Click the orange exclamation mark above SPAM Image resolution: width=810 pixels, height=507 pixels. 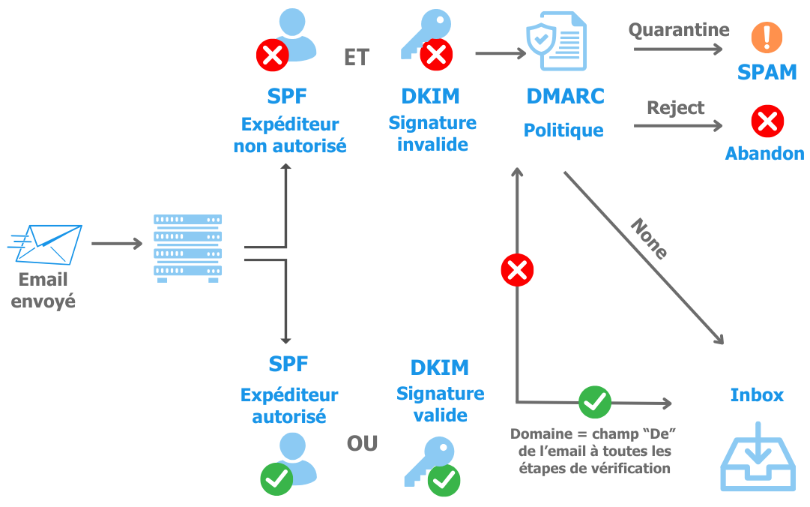coord(767,37)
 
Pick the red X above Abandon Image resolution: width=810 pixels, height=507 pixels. coord(767,120)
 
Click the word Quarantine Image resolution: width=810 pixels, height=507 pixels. coord(678,30)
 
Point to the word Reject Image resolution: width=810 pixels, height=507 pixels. coord(676,107)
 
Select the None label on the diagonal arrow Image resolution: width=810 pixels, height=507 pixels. coord(649,238)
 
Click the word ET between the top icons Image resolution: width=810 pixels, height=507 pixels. coord(357,58)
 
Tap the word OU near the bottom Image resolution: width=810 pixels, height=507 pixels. coord(362,443)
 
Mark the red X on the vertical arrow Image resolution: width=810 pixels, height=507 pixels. coord(517,271)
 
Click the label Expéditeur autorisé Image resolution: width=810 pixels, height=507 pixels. coord(289,405)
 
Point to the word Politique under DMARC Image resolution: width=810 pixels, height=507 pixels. coord(563,130)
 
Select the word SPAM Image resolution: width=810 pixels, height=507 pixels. coord(767,73)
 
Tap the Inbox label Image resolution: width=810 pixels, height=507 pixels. coord(757,395)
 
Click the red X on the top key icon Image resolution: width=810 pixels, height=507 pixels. coord(437,54)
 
